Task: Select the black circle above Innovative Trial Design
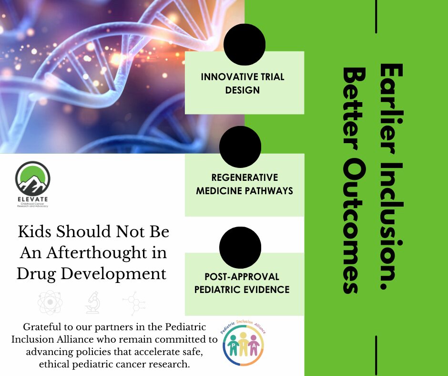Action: point(244,44)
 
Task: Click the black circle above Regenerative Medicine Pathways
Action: point(240,146)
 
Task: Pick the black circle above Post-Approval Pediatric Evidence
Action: point(240,248)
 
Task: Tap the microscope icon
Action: point(92,303)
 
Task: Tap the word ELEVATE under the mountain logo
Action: point(32,198)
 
